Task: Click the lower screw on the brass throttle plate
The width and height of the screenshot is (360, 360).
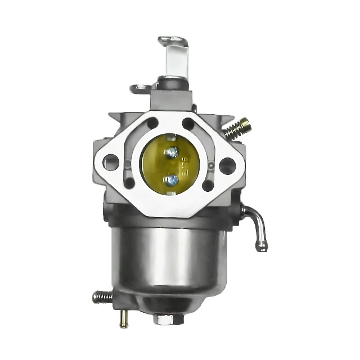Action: tap(173, 179)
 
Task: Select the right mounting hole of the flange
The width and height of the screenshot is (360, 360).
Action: tap(227, 165)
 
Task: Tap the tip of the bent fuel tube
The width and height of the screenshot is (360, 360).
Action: tap(261, 246)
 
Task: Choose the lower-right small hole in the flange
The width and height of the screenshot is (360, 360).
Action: tap(208, 185)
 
